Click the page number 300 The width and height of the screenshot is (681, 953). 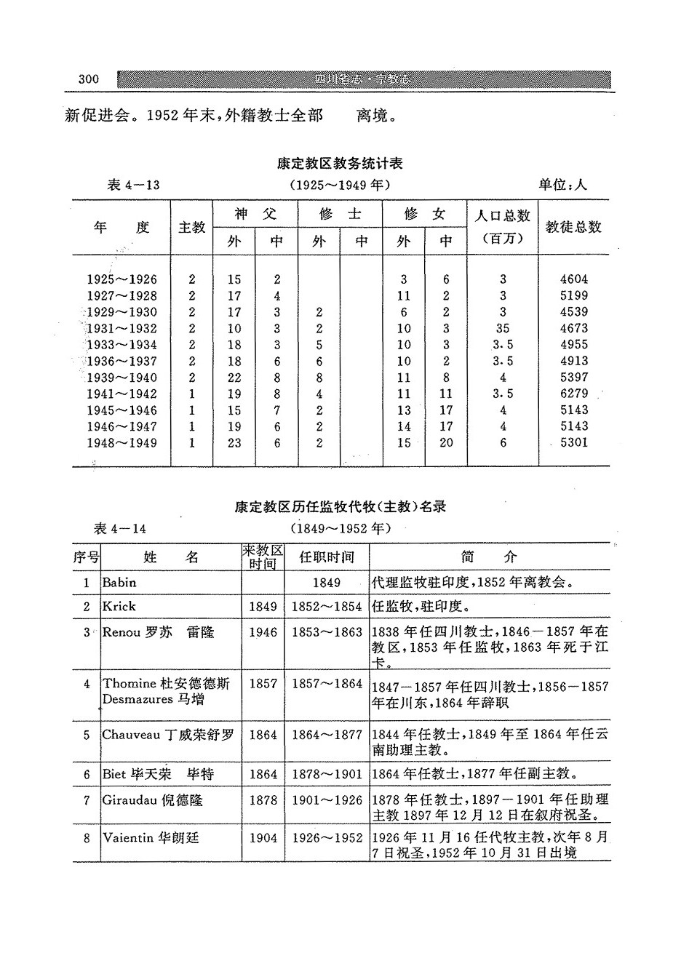click(88, 79)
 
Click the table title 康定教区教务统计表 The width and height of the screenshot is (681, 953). click(340, 164)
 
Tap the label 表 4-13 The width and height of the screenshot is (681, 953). click(133, 185)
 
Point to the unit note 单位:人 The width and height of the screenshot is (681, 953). click(562, 185)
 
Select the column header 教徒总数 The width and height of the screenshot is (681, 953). click(573, 227)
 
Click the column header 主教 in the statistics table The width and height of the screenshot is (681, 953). click(192, 228)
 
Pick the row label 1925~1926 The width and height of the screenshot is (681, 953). click(122, 279)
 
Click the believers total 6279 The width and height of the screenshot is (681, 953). click(574, 394)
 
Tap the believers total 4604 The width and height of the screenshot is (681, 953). click(574, 279)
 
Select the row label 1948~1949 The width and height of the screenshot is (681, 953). click(122, 442)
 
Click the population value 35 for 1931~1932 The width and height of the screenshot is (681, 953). click(503, 328)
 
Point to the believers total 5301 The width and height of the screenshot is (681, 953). click(574, 442)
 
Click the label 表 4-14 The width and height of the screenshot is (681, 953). click(121, 528)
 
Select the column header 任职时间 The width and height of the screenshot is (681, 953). click(327, 558)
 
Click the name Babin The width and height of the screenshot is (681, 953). click(119, 582)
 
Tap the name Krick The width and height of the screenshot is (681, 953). click(119, 606)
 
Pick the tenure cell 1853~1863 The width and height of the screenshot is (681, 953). click(327, 632)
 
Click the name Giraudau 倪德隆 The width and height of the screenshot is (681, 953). click(152, 800)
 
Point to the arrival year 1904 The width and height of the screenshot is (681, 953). click(263, 838)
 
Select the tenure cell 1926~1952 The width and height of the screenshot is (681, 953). click(327, 838)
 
